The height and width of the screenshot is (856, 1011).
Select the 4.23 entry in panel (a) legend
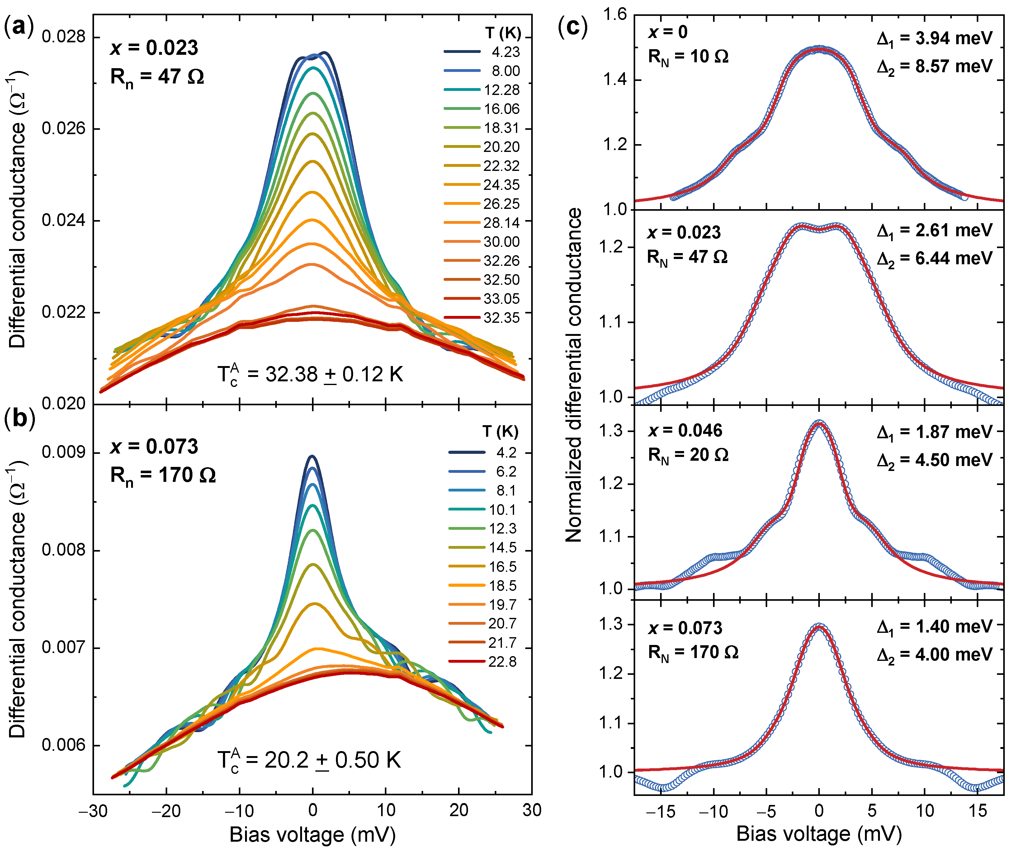tap(505, 52)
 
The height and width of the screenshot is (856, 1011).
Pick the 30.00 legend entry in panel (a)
tap(501, 242)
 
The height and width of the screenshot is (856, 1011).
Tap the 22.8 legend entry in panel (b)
tap(502, 662)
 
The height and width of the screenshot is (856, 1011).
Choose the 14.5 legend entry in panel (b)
tap(502, 548)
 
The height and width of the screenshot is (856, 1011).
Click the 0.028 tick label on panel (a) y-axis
tap(64, 36)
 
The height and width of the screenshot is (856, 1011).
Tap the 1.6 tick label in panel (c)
tap(614, 15)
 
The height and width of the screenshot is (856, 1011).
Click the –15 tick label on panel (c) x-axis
tap(661, 811)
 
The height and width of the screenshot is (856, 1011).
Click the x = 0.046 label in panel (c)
tap(685, 430)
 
